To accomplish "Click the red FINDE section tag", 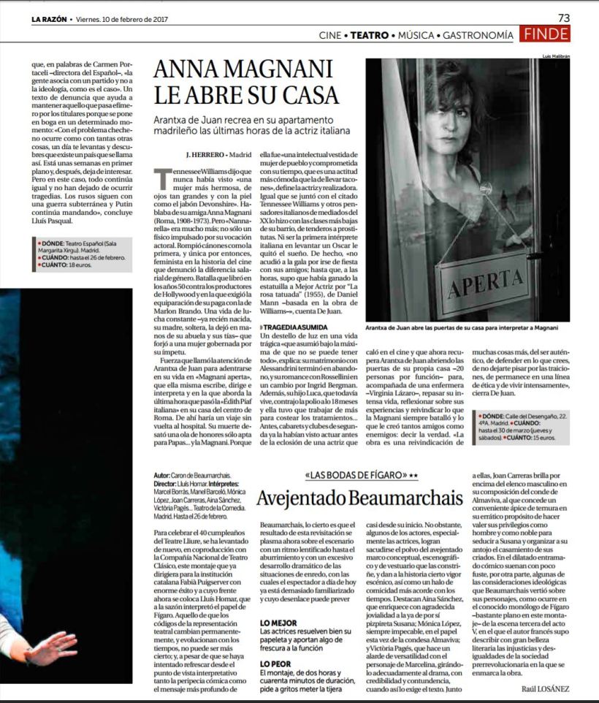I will (x=546, y=34).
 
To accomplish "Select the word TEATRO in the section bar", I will (x=370, y=35).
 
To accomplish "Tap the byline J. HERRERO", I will (x=207, y=155).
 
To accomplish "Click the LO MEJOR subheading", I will (x=278, y=623).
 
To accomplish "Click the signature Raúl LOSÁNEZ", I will (x=546, y=688).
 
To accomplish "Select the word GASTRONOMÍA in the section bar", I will (x=478, y=35).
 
